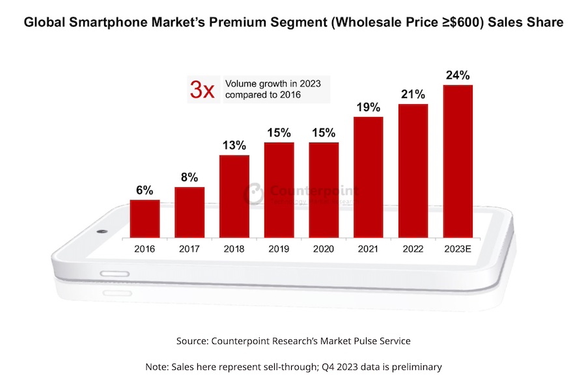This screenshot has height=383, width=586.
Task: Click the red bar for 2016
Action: click(145, 218)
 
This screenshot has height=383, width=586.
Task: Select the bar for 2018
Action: click(234, 196)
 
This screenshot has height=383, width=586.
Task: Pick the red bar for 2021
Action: click(369, 177)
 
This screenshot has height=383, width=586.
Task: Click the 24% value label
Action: click(458, 75)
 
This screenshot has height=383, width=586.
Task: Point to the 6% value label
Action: click(145, 191)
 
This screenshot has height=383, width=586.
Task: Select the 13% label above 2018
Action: click(234, 145)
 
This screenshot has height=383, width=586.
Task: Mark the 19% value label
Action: click(369, 107)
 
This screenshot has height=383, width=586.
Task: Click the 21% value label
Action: click(413, 95)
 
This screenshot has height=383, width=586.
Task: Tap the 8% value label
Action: click(189, 178)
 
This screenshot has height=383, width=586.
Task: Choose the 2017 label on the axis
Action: click(189, 248)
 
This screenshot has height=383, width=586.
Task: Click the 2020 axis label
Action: click(324, 248)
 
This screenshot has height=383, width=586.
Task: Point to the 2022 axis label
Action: click(413, 248)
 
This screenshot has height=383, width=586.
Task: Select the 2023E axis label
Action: click(458, 248)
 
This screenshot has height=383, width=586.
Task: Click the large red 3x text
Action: click(201, 90)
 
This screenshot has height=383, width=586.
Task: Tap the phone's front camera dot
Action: click(101, 232)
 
